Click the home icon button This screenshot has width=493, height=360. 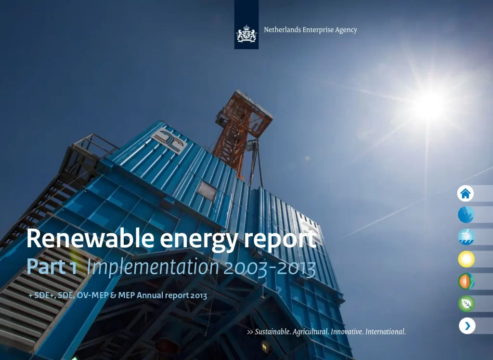(465, 194)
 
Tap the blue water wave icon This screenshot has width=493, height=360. (466, 215)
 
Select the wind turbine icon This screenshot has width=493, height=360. (466, 237)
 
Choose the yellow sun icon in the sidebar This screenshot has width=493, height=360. (466, 259)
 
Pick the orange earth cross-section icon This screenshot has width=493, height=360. (466, 281)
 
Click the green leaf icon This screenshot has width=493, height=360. (466, 304)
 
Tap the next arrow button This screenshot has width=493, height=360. (467, 326)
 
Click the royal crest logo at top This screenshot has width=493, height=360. (246, 34)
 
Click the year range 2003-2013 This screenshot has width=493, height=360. (270, 268)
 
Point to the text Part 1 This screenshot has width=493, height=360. (52, 267)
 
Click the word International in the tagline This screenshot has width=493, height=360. (385, 332)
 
